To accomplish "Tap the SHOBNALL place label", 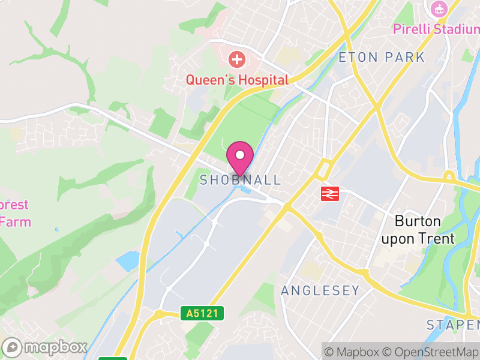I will pyautogui.click(x=240, y=180).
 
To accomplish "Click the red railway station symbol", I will pyautogui.click(x=329, y=193).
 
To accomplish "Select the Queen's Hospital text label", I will pyautogui.click(x=237, y=80).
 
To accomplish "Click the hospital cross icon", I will pyautogui.click(x=238, y=59).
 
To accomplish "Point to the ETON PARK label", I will pyautogui.click(x=382, y=58).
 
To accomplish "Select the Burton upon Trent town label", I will pyautogui.click(x=419, y=230).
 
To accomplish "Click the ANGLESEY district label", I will pyautogui.click(x=320, y=291).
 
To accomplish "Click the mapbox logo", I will pyautogui.click(x=46, y=347).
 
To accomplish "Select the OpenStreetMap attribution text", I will pyautogui.click(x=431, y=352).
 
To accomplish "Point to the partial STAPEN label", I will pyautogui.click(x=453, y=325).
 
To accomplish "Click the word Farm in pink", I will pyautogui.click(x=16, y=221).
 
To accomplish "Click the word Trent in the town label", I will pyautogui.click(x=436, y=238).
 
